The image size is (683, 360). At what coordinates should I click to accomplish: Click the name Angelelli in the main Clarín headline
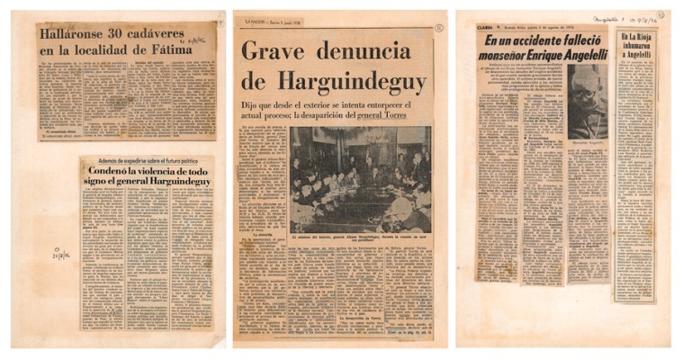pos(576,55)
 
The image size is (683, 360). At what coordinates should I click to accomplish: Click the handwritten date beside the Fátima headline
pos(197,41)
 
